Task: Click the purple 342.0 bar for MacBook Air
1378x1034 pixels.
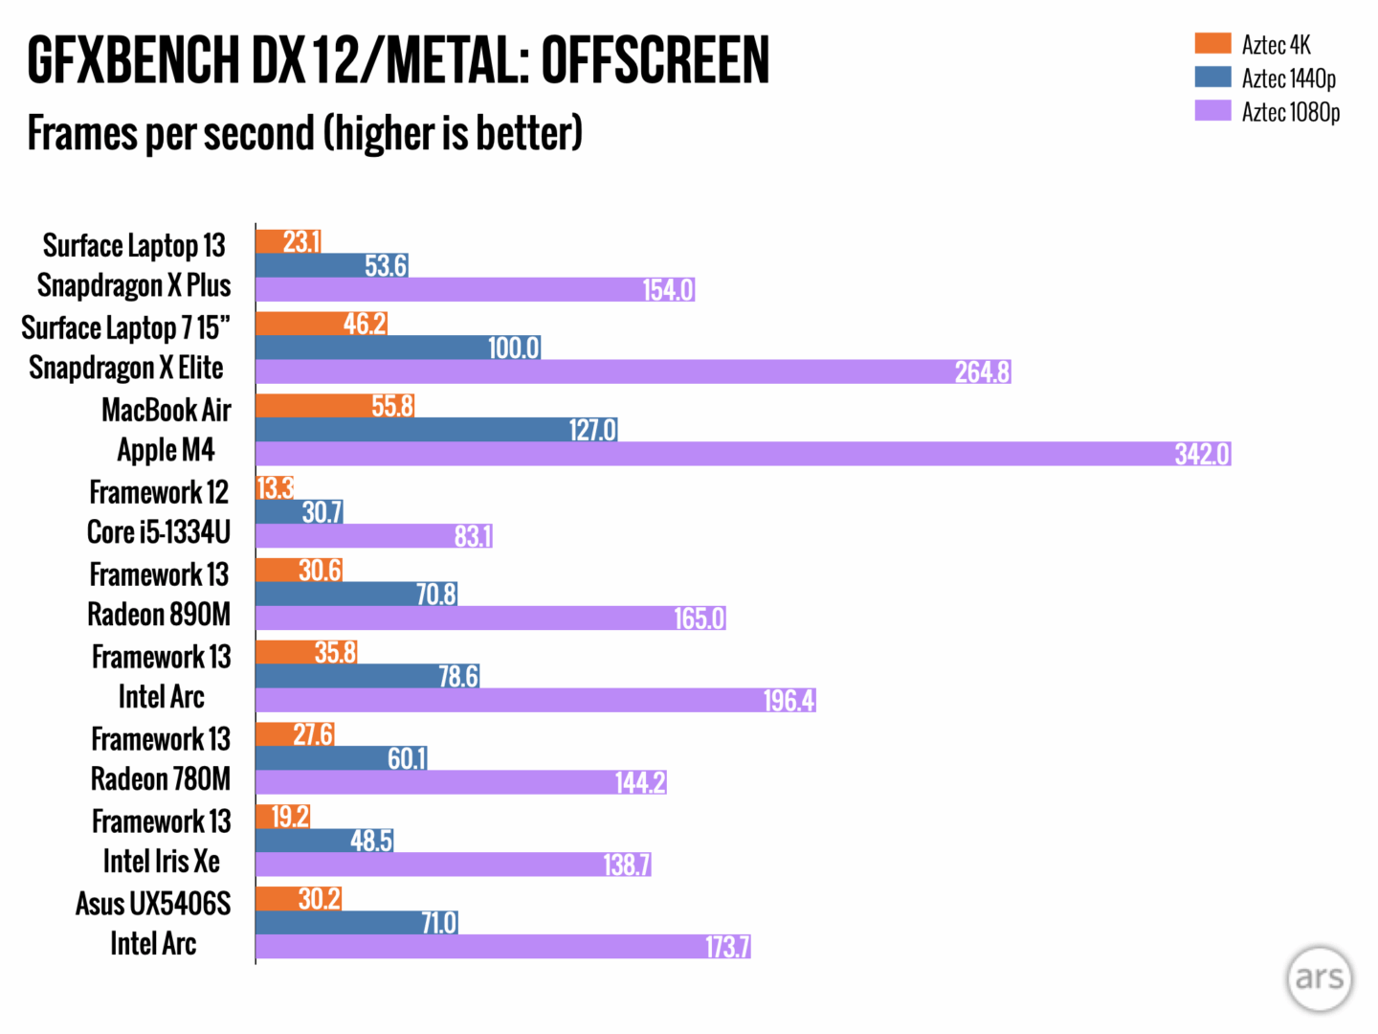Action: tap(743, 454)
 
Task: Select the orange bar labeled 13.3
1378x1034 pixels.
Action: tap(275, 488)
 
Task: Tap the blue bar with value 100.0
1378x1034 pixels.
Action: tap(398, 348)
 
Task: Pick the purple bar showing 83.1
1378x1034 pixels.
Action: tap(374, 536)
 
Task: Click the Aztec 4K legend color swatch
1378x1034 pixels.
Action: tap(1212, 44)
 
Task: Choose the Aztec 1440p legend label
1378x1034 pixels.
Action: tap(1288, 79)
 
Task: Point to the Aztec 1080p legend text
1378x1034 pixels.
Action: tap(1290, 112)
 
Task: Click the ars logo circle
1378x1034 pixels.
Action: tap(1320, 978)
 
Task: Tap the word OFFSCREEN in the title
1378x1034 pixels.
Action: tap(655, 60)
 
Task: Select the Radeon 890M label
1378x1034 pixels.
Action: tap(159, 615)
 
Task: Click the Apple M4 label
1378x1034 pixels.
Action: tap(166, 450)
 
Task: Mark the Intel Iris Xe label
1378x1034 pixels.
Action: tap(162, 862)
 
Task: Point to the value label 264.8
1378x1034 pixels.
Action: tap(982, 371)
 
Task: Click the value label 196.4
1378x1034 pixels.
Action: tap(789, 701)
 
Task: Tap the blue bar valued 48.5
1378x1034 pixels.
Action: tap(324, 841)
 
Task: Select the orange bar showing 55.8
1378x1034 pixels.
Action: tap(335, 406)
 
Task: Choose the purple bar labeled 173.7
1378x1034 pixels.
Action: tap(503, 947)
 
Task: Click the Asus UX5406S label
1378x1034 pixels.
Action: tap(153, 904)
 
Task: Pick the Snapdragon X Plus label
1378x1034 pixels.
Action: tap(134, 285)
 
